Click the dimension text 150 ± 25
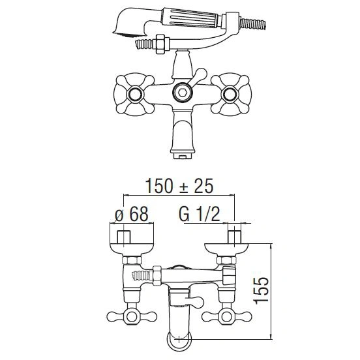pos(179,186)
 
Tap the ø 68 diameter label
pos(132,215)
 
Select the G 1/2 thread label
pos(200,215)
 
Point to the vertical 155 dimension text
pos(261,291)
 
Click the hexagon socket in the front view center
pos(182,93)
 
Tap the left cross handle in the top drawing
pos(134,95)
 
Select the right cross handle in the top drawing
pos(231,95)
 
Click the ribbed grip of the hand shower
pos(190,18)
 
